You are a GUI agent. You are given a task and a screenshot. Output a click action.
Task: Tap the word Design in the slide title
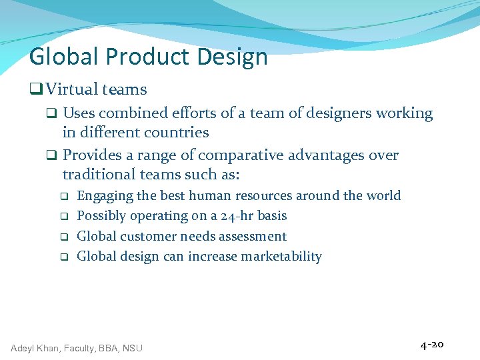(232, 58)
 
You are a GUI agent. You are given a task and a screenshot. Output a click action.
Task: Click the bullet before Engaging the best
(64, 197)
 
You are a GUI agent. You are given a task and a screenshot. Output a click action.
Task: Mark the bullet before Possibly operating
(64, 217)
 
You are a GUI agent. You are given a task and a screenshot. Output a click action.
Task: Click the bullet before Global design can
(64, 257)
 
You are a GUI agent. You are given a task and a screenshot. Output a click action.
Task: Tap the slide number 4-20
(432, 345)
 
